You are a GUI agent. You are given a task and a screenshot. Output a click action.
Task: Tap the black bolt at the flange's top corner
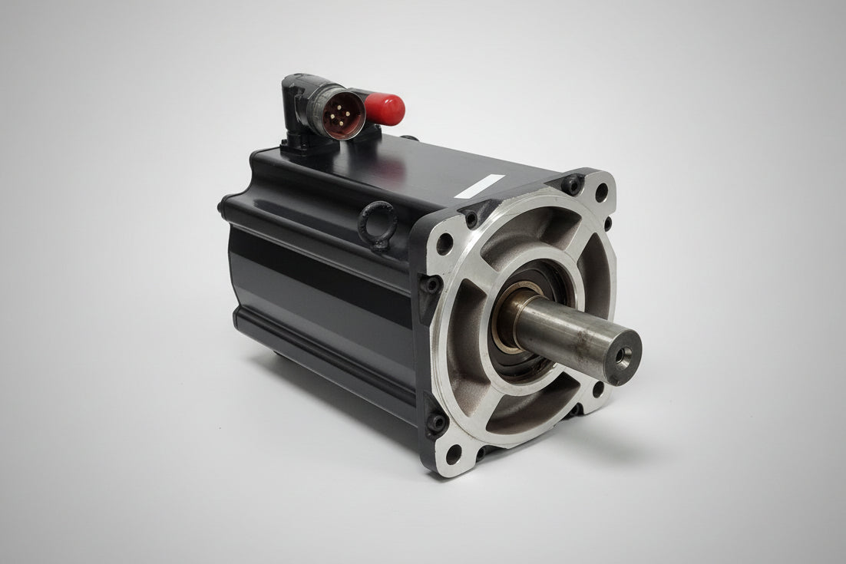click(x=570, y=183)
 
